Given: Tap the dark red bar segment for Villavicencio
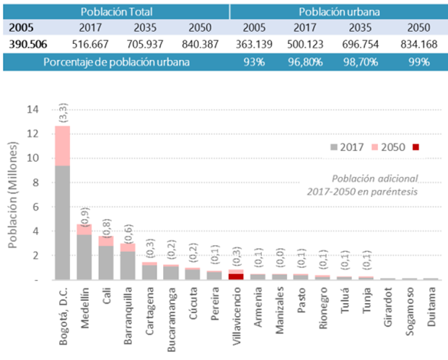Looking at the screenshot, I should [236, 276].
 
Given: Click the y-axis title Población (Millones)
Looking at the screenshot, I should [14, 194].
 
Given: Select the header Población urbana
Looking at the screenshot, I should [337, 11].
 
